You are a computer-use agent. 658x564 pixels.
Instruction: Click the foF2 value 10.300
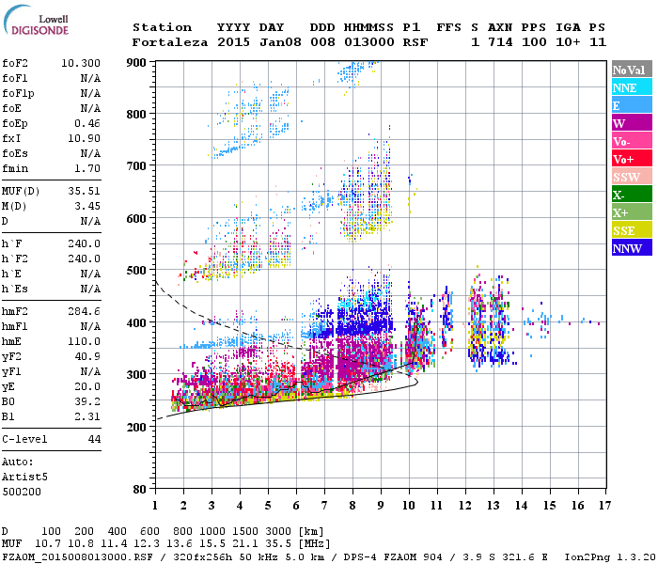coord(81,63)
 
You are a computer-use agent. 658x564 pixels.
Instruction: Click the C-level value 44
coord(94,439)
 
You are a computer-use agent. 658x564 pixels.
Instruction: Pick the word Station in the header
coord(162,27)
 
